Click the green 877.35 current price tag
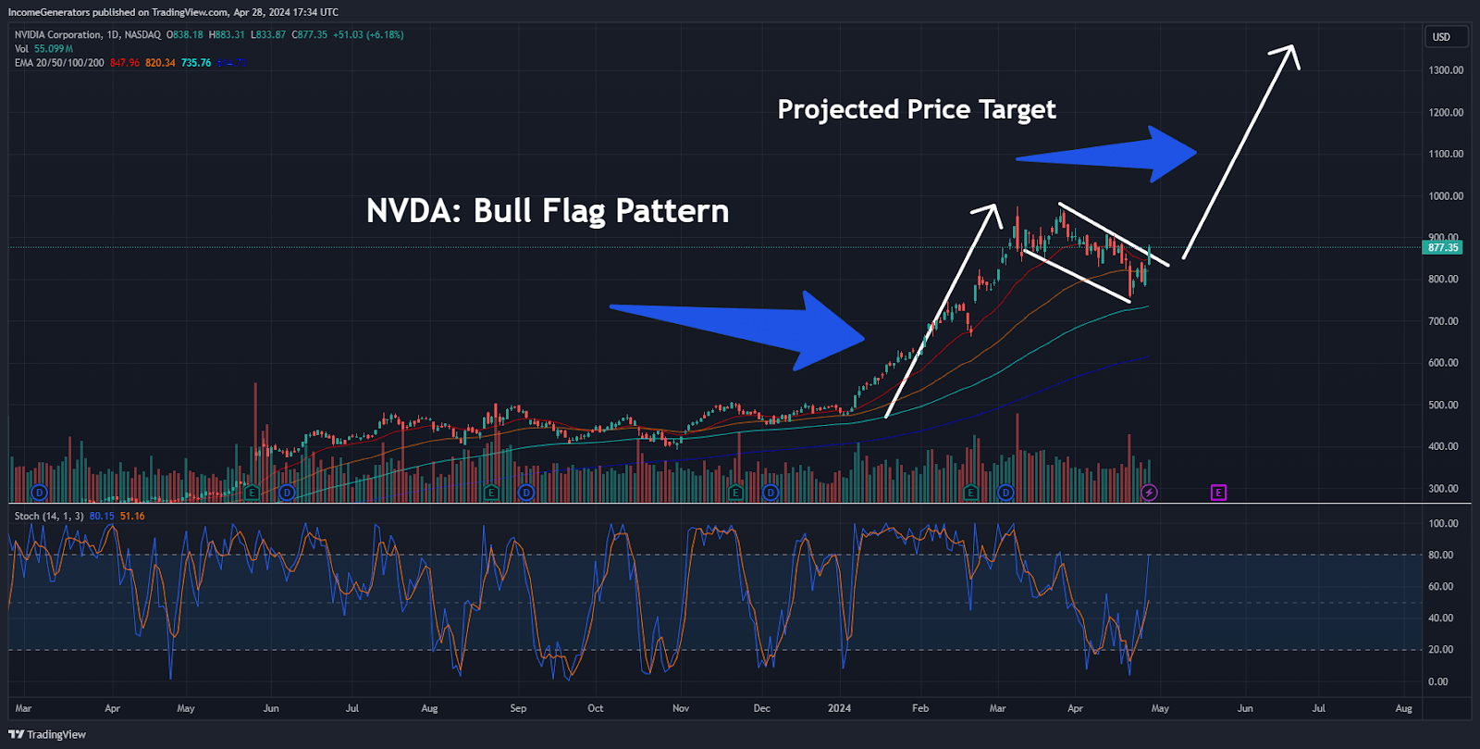coord(1442,247)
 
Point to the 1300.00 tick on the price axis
coord(1445,70)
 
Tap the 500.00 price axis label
coord(1443,405)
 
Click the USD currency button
coord(1441,37)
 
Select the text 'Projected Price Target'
coord(916,109)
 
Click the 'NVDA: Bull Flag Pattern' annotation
coord(548,211)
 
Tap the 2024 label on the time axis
coord(839,708)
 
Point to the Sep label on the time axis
coord(518,708)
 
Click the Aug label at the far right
coord(1403,708)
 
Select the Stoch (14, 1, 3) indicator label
coord(49,517)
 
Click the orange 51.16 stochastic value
coord(132,517)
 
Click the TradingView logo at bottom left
coord(47,734)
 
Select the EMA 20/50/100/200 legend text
coord(59,63)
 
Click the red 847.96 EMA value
coord(124,63)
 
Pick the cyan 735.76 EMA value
coord(196,63)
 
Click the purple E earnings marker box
coord(1218,493)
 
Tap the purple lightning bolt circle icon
coord(1149,493)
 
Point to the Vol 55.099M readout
coord(43,49)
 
